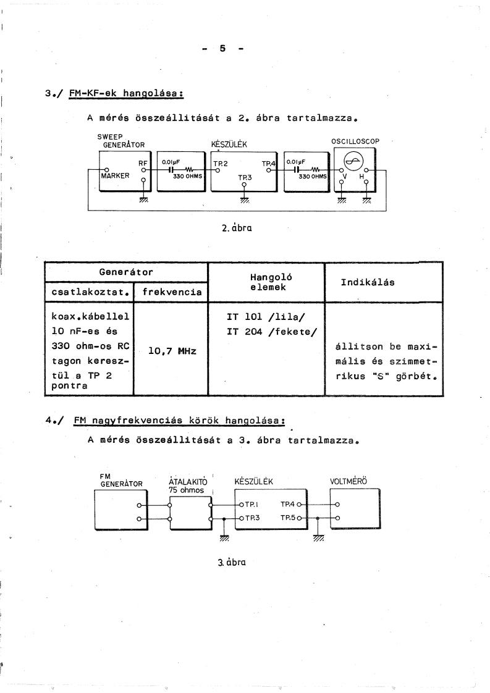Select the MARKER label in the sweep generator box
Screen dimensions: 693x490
click(115, 175)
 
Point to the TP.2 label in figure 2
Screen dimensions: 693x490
click(221, 164)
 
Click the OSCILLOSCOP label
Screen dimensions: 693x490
click(355, 141)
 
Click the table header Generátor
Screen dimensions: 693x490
click(126, 271)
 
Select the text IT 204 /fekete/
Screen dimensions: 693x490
click(272, 334)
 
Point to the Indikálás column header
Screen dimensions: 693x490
click(368, 282)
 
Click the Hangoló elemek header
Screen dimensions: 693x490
click(266, 282)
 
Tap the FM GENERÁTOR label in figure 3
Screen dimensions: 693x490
click(120, 479)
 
